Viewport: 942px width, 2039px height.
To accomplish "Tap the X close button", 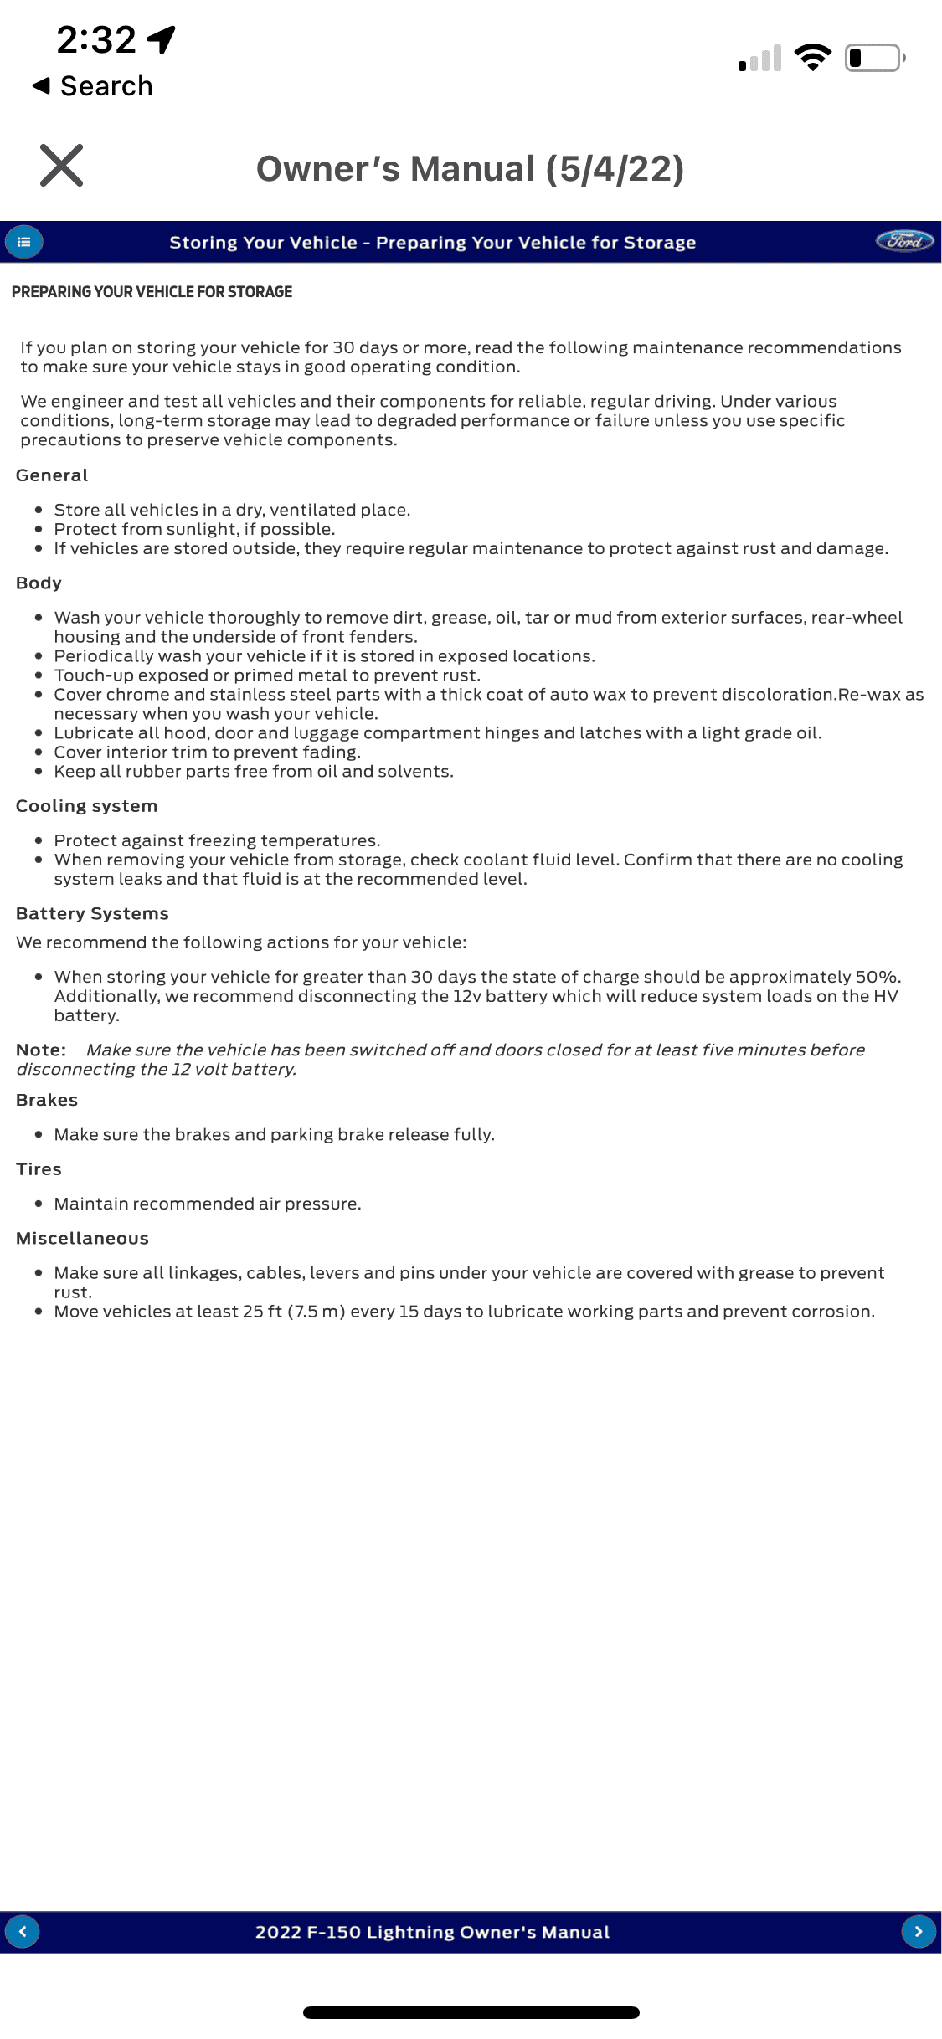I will (62, 165).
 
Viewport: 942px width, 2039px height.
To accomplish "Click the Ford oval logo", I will (904, 241).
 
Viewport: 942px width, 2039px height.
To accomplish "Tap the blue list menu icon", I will (24, 242).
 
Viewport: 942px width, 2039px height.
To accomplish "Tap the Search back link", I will (94, 86).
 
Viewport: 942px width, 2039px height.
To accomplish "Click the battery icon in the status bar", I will (874, 58).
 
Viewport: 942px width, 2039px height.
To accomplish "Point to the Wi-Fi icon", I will (812, 57).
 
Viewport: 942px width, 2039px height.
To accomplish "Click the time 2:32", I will (96, 39).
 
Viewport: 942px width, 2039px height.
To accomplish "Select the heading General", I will (52, 475).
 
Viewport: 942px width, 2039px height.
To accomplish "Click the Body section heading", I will (39, 583).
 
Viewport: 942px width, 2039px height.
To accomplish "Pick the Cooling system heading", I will (86, 806).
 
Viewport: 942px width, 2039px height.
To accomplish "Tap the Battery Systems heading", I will (92, 914).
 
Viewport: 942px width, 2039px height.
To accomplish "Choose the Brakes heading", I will (47, 1100).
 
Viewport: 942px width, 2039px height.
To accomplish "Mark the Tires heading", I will (39, 1169).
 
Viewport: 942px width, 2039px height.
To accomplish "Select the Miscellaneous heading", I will (82, 1239).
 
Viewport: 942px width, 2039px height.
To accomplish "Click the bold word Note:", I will (41, 1050).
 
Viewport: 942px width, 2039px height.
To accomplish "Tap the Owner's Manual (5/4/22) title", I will (471, 169).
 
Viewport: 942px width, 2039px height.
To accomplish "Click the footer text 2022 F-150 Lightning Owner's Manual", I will (432, 1932).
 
